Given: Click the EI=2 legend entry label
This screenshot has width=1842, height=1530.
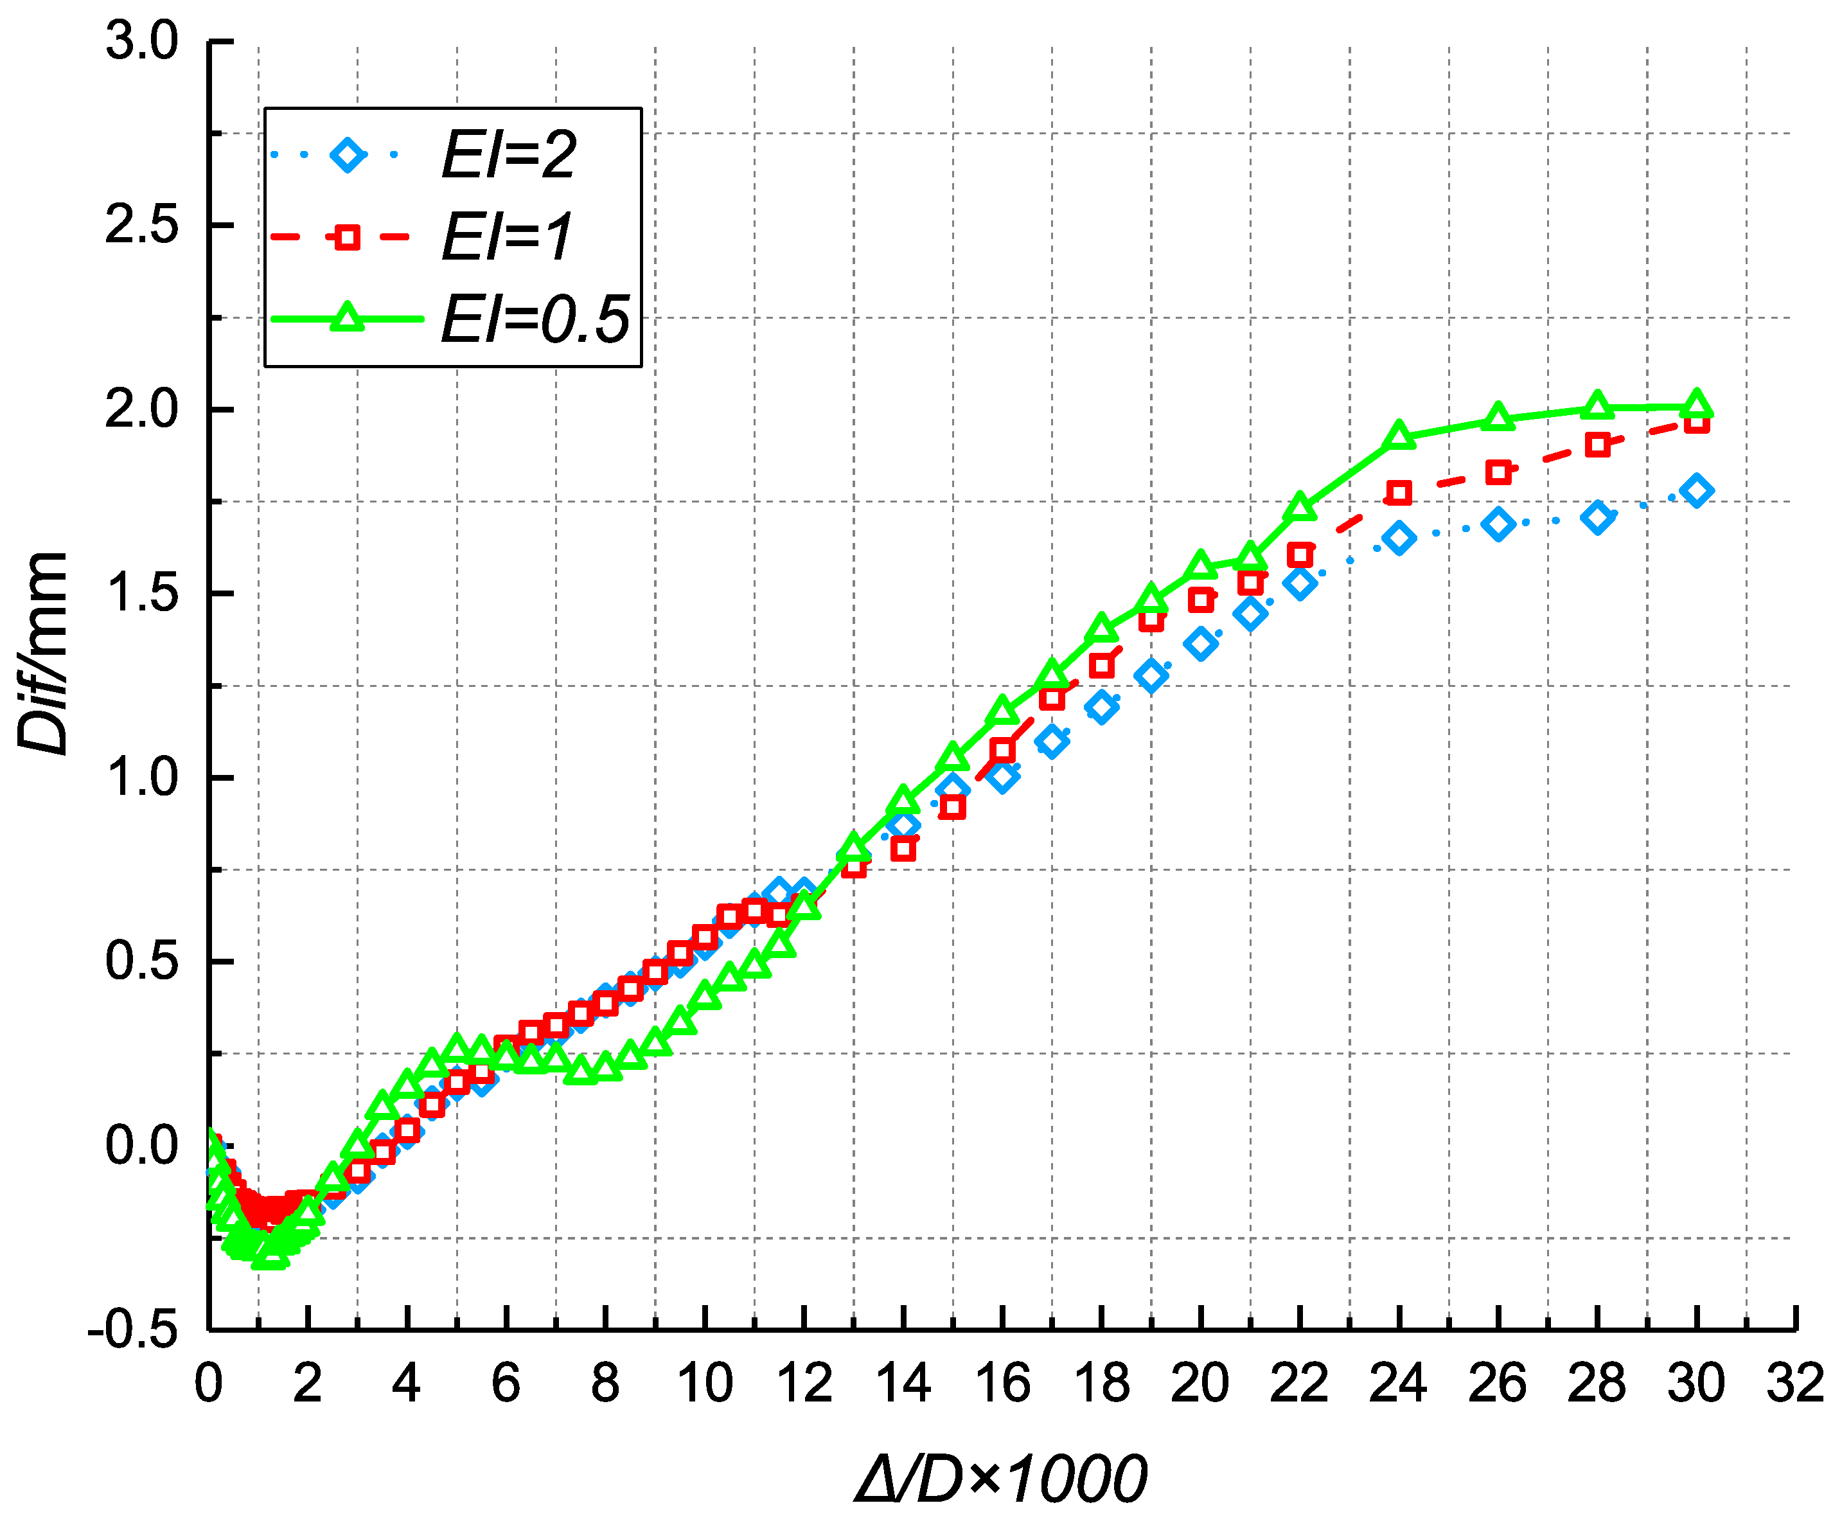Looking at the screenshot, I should pos(509,156).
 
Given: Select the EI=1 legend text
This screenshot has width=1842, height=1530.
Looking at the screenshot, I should pos(506,237).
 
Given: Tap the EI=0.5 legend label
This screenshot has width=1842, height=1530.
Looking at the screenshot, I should pos(535,319).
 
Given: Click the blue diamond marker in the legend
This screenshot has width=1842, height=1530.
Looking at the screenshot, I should pos(348,156).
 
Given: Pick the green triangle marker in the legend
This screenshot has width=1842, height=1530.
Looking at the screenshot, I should pos(348,317).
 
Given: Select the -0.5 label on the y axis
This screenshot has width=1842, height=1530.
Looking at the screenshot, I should pos(132,1331).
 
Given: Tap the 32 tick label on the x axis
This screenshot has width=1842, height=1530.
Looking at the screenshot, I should pos(1794,1383).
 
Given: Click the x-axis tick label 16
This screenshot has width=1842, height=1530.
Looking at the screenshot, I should pos(1002,1383).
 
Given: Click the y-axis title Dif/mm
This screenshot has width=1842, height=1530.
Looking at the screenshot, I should pos(42,654).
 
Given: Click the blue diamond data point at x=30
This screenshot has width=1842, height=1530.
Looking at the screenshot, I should pos(1696,490).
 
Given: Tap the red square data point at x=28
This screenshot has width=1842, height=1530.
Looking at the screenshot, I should pos(1597,445).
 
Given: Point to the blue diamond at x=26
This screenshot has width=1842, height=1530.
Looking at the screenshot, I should pos(1498,524).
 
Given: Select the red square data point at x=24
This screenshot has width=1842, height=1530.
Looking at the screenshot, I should pos(1399,493).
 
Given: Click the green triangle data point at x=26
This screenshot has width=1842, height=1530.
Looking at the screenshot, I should pos(1498,418).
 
